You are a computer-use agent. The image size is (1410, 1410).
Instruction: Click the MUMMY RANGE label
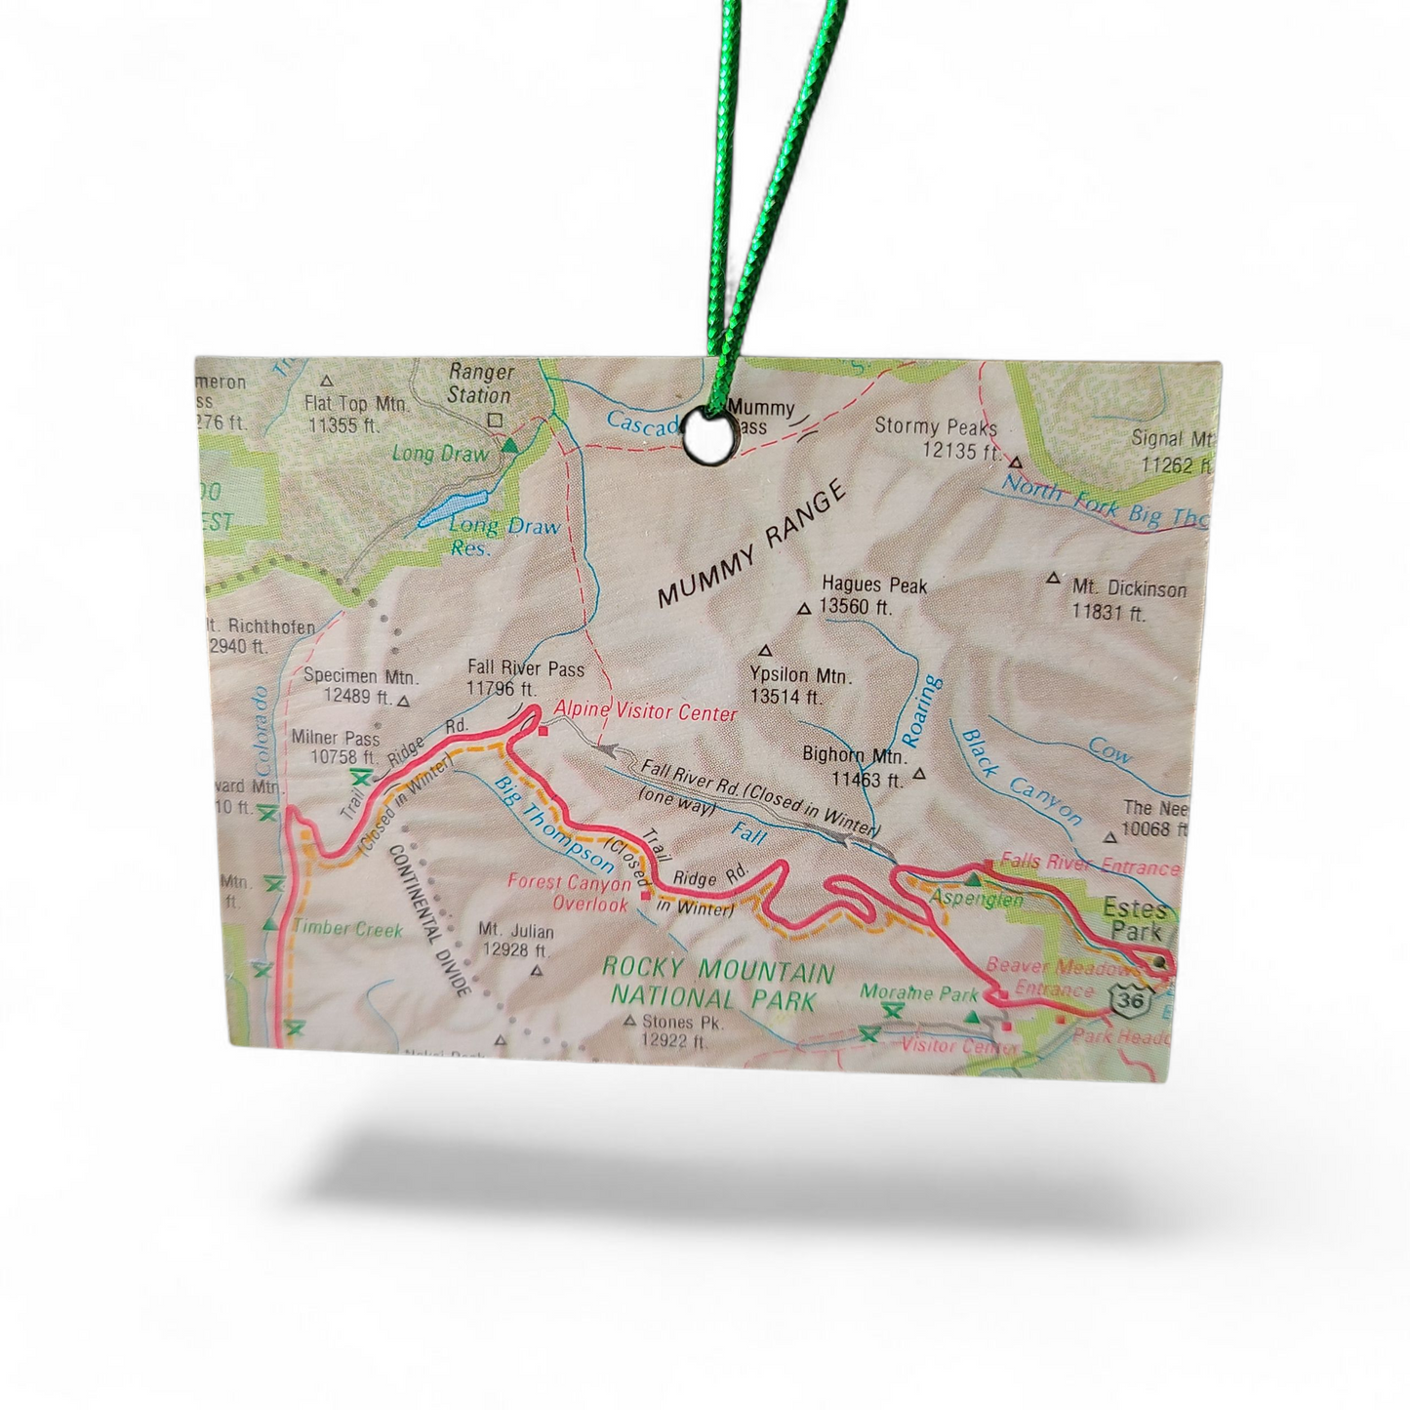tap(751, 546)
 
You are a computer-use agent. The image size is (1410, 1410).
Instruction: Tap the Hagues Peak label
tap(873, 585)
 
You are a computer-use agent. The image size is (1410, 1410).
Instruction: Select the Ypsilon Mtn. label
tap(800, 675)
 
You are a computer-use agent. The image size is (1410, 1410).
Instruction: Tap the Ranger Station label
tap(479, 383)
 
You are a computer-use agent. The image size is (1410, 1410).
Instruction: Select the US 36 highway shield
tap(1130, 1000)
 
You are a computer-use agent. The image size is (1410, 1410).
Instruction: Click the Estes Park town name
tap(1135, 920)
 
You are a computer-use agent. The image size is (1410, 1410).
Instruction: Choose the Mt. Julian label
tap(516, 932)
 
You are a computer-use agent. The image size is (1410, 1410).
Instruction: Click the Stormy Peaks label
tap(936, 426)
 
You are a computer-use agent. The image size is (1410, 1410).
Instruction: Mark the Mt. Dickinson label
tap(1129, 589)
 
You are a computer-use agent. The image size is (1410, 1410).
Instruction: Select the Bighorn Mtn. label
tap(855, 755)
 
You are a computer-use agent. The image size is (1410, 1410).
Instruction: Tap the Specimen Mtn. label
tap(361, 675)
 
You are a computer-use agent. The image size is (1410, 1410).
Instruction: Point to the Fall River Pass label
tap(525, 668)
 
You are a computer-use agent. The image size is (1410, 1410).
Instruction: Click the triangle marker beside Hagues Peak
tap(804, 609)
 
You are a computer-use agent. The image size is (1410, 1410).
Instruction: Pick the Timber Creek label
tap(347, 928)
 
